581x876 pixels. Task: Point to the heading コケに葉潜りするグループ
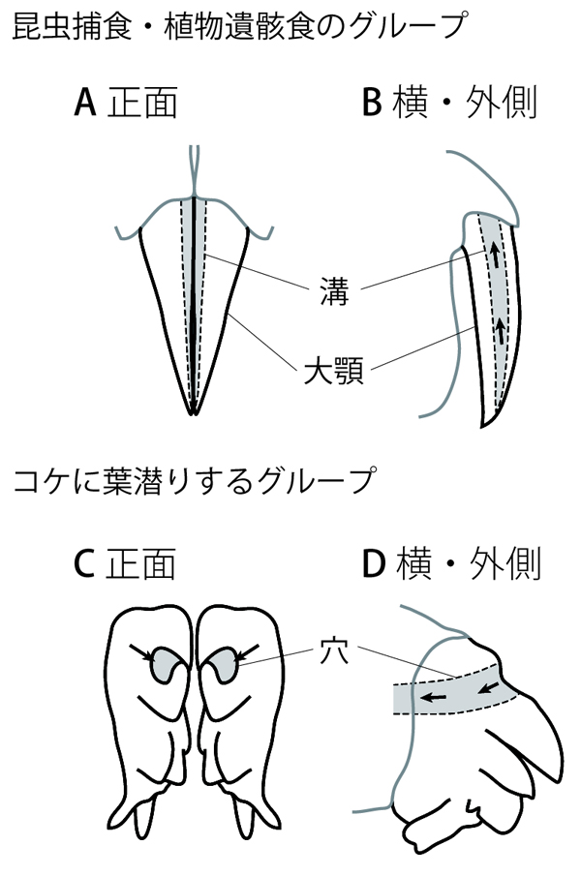(194, 481)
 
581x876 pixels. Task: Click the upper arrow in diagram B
(494, 256)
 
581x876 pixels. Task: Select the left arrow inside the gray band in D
(433, 695)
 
